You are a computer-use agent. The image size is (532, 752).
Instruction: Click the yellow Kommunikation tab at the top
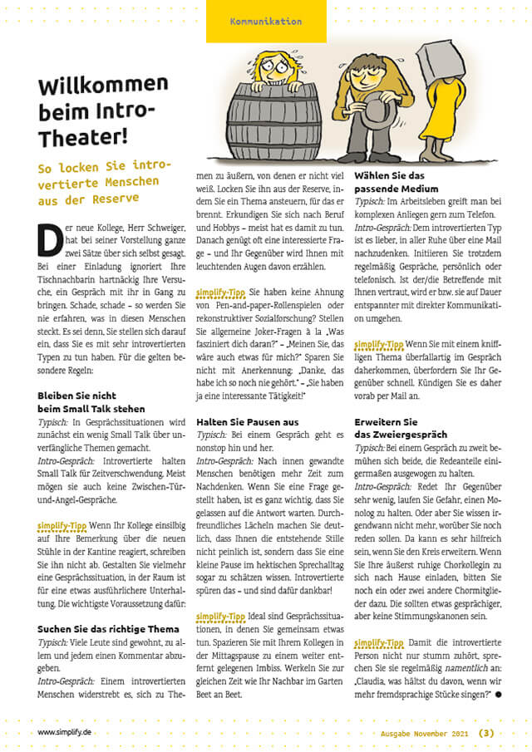(x=265, y=21)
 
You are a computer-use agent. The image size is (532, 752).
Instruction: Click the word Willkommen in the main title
(x=102, y=85)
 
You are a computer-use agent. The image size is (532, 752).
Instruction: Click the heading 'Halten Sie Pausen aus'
(x=247, y=422)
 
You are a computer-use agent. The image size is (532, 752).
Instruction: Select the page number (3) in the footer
(x=486, y=732)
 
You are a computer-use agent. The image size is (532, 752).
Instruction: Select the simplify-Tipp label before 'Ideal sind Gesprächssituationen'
(x=219, y=616)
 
